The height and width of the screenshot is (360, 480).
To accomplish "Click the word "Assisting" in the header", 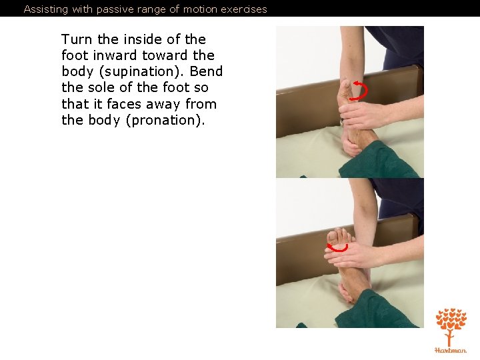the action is [46, 9].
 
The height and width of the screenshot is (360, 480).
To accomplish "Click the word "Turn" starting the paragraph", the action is [77, 39].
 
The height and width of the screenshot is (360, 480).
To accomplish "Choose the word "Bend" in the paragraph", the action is [206, 71].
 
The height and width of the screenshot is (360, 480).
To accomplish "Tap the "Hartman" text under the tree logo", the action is [451, 350].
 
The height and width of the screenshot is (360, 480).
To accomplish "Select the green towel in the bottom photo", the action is [379, 309].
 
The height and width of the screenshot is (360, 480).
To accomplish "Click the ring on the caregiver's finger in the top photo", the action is [341, 122].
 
